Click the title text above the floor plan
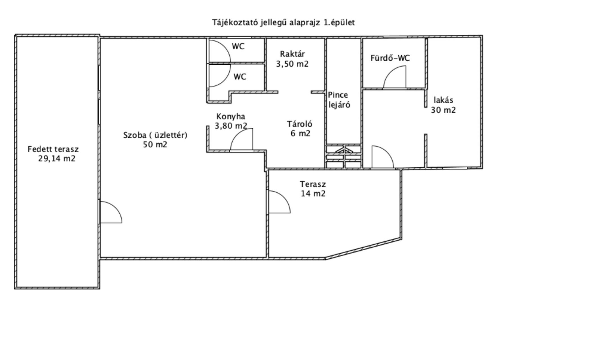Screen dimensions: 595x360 pyautogui.click(x=283, y=22)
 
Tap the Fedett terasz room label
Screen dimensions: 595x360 pyautogui.click(x=53, y=149)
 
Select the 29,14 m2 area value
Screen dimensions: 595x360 pyautogui.click(x=57, y=159)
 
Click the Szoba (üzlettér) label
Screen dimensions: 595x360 pyautogui.click(x=155, y=135)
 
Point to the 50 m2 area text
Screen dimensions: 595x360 pyautogui.click(x=155, y=145)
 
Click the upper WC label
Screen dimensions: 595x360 pyautogui.click(x=238, y=46)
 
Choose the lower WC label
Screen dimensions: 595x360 pyautogui.click(x=240, y=76)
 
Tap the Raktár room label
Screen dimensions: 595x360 pyautogui.click(x=292, y=54)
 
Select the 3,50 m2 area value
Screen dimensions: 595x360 pyautogui.click(x=292, y=64)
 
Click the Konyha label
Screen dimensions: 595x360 pyautogui.click(x=231, y=116)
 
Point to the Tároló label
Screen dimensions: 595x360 pyautogui.click(x=300, y=124)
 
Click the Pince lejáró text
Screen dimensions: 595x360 pyautogui.click(x=339, y=100)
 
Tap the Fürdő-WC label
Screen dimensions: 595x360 pyautogui.click(x=390, y=58)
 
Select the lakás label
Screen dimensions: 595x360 pyautogui.click(x=444, y=100)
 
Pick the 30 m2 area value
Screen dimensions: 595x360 pyautogui.click(x=444, y=110)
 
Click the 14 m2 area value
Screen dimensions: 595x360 pyautogui.click(x=313, y=193)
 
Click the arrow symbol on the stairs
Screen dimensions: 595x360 pyautogui.click(x=343, y=150)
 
